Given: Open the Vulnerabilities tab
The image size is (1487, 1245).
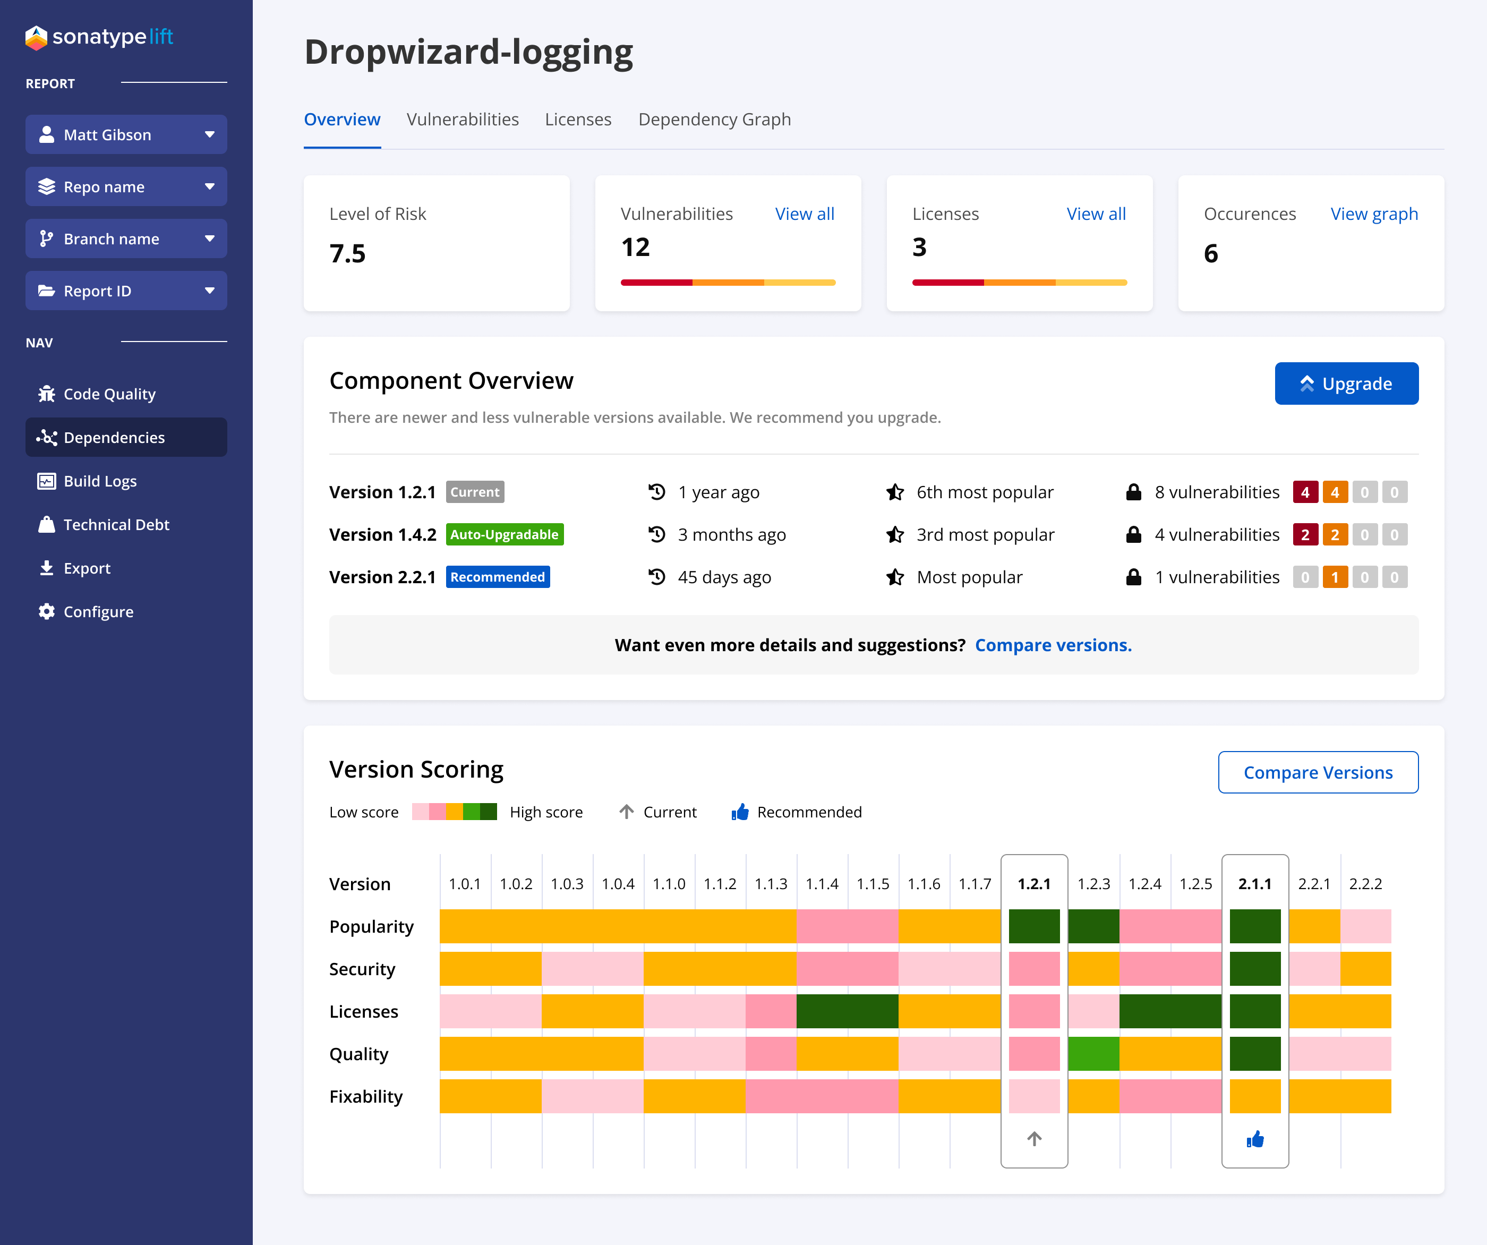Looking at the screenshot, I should [x=463, y=119].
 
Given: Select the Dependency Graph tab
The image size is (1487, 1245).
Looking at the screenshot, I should [x=714, y=119].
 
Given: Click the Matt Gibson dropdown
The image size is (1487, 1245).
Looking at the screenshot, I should [x=126, y=134].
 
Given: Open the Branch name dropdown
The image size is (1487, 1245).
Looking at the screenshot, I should [x=126, y=238].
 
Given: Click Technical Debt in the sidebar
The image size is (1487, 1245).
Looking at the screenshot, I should [x=116, y=525].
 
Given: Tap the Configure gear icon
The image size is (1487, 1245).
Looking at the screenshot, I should [x=47, y=611].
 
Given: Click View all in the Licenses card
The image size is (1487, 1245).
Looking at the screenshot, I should [x=1096, y=214].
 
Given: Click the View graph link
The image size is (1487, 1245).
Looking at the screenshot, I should [x=1374, y=214].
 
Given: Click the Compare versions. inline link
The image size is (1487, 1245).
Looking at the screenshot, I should [x=1053, y=645].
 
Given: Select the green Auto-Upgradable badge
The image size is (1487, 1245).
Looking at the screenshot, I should [x=504, y=535].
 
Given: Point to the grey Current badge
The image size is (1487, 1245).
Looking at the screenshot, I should [x=474, y=492].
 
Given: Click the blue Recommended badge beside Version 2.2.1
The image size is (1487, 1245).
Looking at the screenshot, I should [x=497, y=577].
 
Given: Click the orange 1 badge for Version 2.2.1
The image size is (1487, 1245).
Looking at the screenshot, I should [x=1334, y=577].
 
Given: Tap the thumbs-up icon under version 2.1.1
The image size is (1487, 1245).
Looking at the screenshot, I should [x=1255, y=1139].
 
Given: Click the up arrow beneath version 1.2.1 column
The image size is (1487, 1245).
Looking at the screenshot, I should [x=1034, y=1139].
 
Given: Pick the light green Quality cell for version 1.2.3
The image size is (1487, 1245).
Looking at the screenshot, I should [x=1093, y=1054].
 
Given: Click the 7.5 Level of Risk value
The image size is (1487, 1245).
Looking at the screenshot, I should [x=348, y=253].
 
